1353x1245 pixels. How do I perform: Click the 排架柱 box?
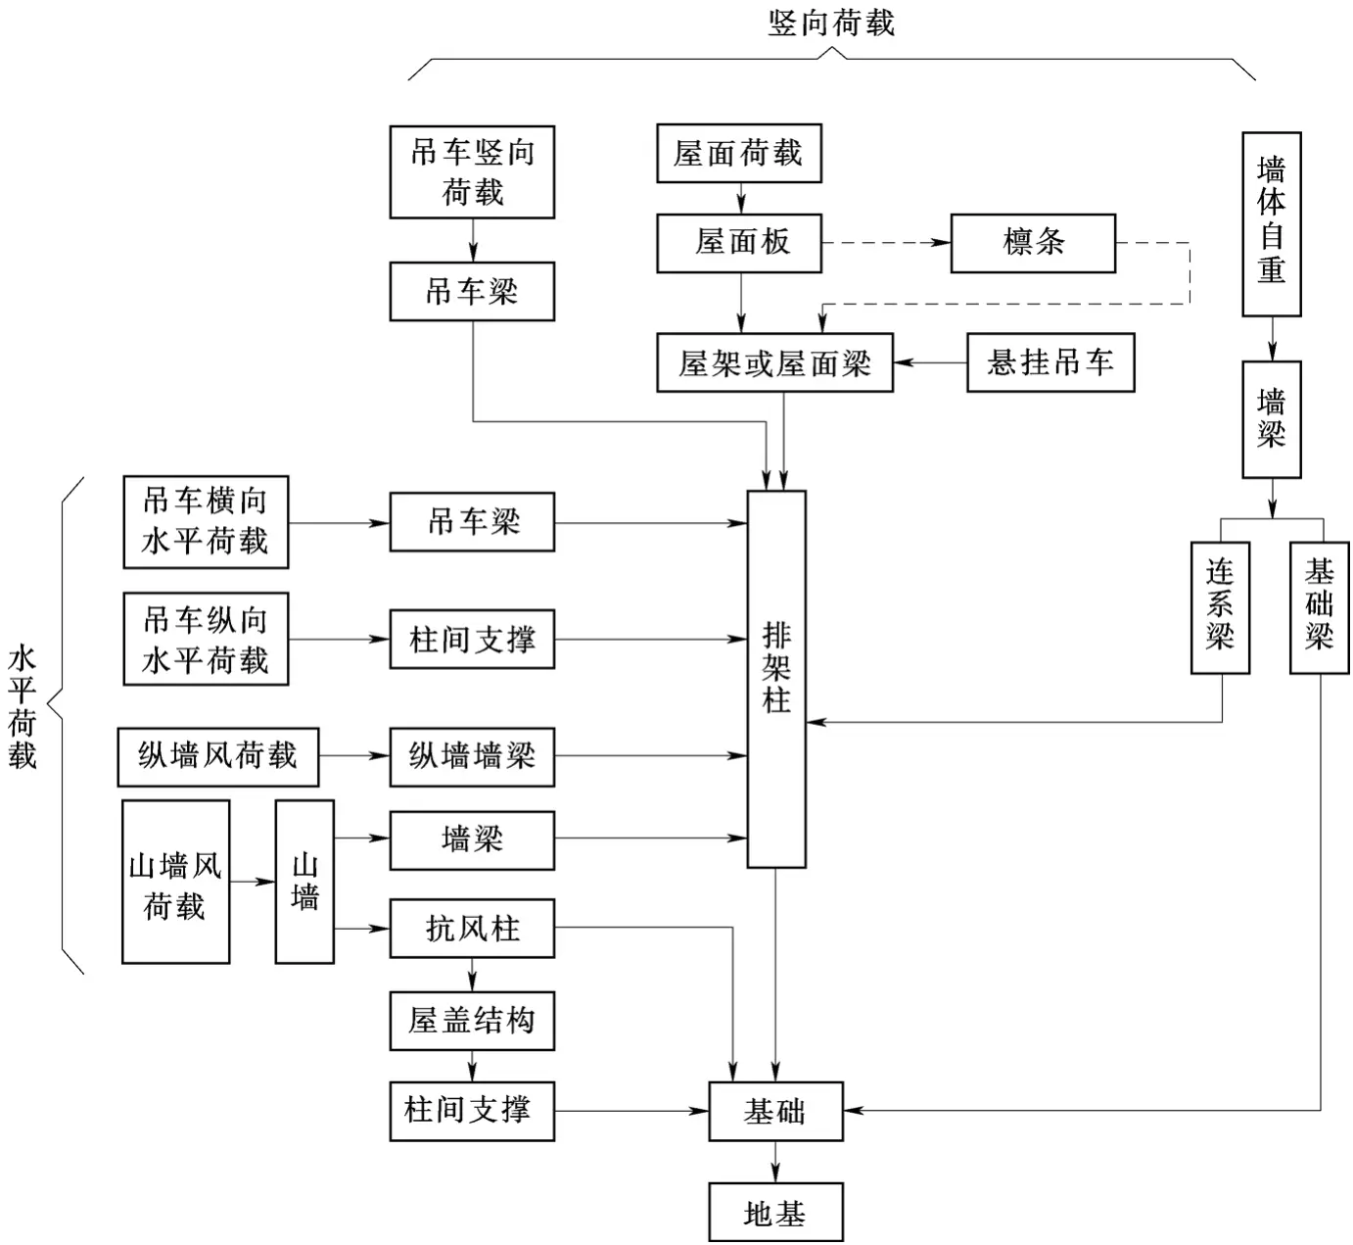776,678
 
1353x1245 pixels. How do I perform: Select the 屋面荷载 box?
738,154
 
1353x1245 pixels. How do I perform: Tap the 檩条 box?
1033,243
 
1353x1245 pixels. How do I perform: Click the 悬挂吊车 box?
1050,363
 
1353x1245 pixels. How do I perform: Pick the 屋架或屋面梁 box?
774,363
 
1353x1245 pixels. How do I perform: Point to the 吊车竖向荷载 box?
472,172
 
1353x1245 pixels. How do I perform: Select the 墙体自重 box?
1271,224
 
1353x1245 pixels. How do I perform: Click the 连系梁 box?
1220,607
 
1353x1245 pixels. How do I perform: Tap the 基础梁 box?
1319,607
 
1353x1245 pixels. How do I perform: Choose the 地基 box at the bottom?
775,1213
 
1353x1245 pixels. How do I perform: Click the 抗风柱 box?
472,929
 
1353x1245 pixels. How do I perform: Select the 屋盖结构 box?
472,1022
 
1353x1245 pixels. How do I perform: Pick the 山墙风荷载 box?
176,882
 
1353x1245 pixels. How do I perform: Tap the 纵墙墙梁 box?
472,756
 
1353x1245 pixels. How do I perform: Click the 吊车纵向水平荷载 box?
206,639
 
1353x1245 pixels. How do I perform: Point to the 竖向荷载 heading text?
831,23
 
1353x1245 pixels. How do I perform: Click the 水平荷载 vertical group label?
22,705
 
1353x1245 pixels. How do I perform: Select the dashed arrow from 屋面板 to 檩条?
886,243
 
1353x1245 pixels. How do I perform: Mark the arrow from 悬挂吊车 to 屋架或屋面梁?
930,363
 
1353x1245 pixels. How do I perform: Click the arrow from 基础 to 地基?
775,1162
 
